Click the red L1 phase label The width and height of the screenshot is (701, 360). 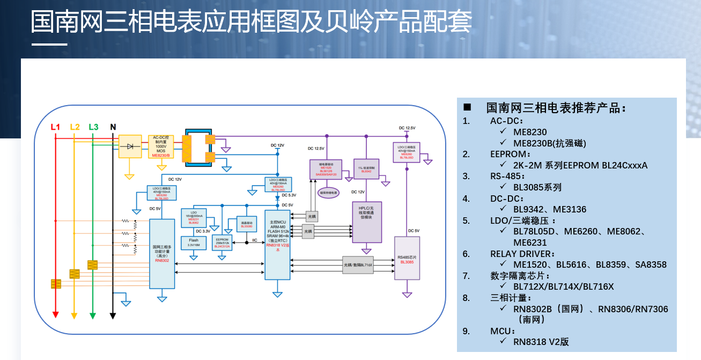coord(55,127)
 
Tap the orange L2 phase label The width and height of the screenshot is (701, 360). coord(75,127)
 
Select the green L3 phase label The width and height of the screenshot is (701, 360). coord(93,127)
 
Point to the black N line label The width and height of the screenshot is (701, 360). coord(113,127)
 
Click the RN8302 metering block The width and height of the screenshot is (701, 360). coord(162,253)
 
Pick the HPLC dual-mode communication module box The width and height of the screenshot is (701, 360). coord(366,221)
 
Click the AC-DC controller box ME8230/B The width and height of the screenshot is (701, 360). coord(161,146)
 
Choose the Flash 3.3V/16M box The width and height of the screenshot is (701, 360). coord(194,243)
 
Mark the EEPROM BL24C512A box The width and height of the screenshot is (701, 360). coord(222,243)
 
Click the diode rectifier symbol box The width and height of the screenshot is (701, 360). coord(129,146)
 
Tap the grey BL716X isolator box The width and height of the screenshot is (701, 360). coord(358,265)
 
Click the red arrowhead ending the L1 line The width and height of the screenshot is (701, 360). coord(55,314)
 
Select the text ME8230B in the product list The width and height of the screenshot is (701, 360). coord(549,143)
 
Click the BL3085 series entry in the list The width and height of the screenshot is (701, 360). coord(537,187)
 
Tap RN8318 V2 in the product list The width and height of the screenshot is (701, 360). coord(541,342)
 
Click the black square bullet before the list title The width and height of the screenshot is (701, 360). coord(467,107)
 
